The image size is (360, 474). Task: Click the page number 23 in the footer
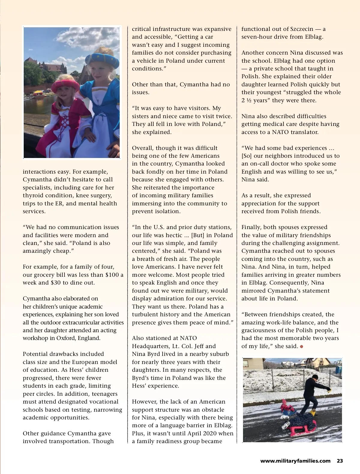pos(340,461)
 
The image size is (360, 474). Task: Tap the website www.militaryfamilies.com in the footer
pos(295,461)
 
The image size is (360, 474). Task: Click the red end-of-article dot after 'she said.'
pos(301,347)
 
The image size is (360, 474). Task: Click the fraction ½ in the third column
pos(249,100)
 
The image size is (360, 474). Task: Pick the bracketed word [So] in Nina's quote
pos(247,156)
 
